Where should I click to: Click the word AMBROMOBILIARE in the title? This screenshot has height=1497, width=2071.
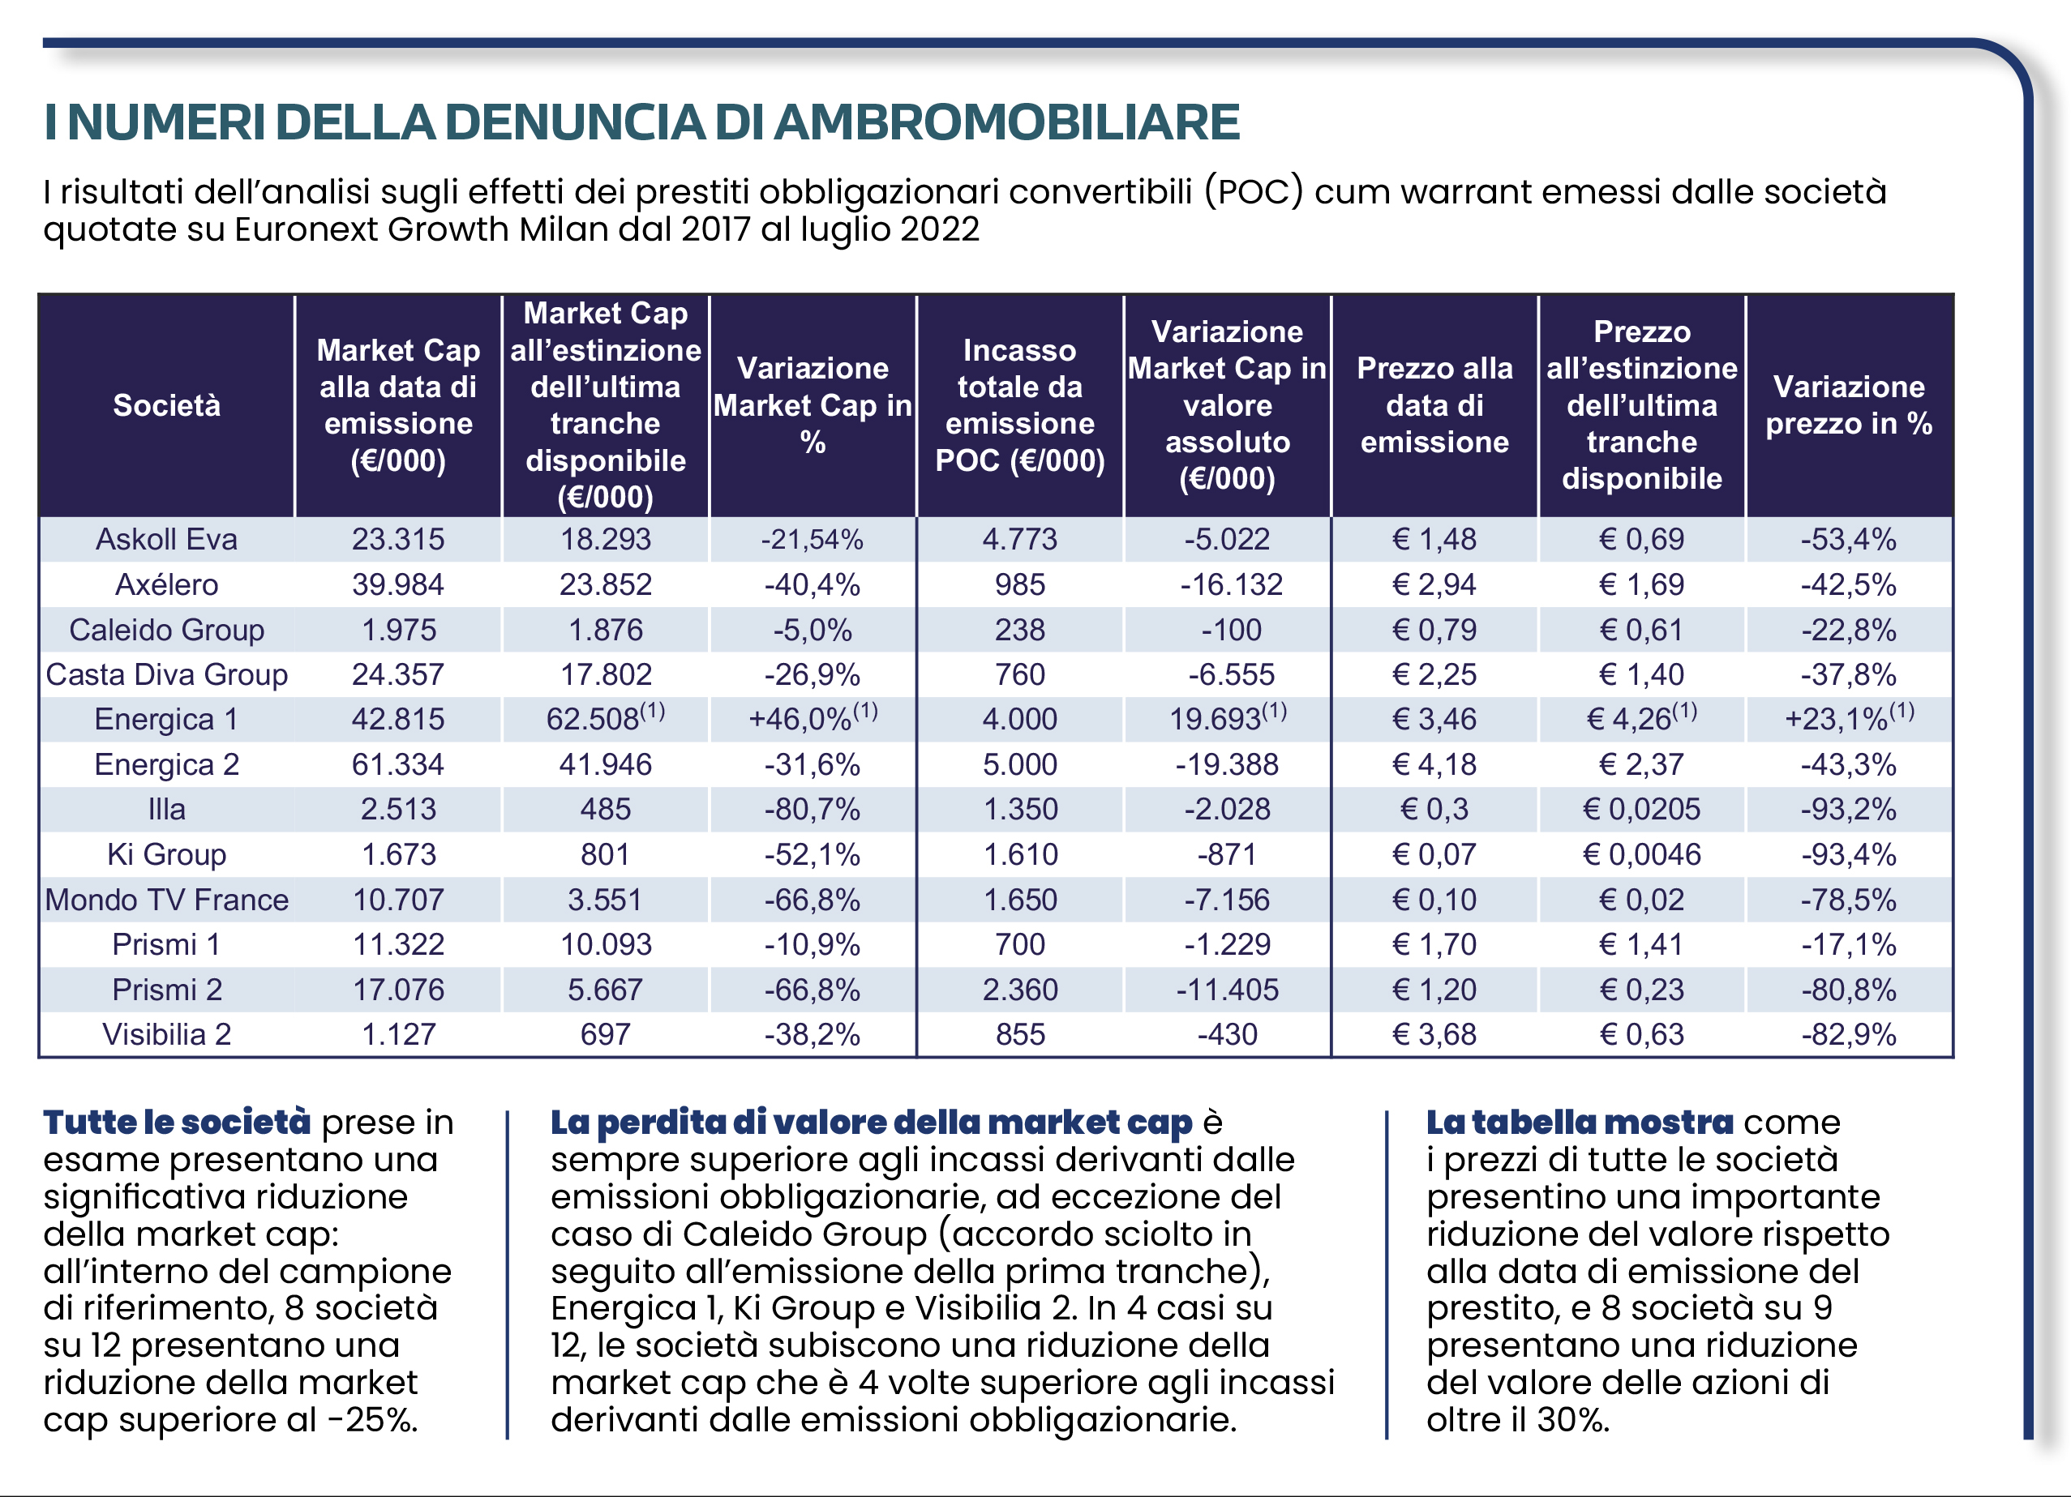(1007, 122)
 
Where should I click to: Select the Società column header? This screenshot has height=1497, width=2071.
(167, 405)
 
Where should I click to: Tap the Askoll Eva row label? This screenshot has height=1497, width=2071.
(167, 540)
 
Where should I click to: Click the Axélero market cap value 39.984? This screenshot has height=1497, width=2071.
(398, 584)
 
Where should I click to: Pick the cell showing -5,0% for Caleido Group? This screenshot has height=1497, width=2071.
(813, 630)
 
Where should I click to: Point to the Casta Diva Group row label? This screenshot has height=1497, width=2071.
(167, 674)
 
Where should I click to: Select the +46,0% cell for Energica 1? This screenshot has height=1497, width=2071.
(813, 717)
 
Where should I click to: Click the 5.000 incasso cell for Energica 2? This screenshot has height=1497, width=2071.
(1020, 764)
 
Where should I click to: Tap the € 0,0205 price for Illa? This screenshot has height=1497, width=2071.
(1642, 809)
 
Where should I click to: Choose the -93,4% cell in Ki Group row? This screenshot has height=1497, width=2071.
(1849, 854)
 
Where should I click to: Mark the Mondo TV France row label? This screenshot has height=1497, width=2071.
(167, 900)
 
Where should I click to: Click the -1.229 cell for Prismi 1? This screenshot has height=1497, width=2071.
(1227, 944)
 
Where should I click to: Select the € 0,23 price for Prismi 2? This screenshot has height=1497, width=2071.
(1642, 990)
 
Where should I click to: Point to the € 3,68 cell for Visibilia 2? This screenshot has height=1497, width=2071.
(1434, 1034)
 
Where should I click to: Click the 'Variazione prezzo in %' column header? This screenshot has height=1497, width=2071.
(1849, 405)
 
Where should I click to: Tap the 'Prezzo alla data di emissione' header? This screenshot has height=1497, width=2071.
(1434, 405)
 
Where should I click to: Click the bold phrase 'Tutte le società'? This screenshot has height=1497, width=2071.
(177, 1122)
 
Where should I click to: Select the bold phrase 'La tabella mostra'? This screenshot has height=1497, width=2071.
(1580, 1122)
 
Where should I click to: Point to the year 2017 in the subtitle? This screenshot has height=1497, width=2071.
(716, 229)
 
